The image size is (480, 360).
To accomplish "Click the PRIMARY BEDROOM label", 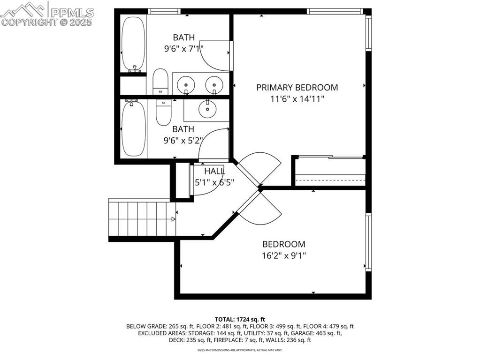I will pyautogui.click(x=297, y=87).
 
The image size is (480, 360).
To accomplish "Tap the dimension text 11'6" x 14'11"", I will pyautogui.click(x=297, y=99).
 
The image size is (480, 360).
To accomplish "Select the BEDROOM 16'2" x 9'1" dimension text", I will pyautogui.click(x=283, y=256).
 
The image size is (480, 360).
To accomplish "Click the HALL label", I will pyautogui.click(x=214, y=171).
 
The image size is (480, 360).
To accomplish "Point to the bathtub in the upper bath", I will pyautogui.click(x=133, y=43).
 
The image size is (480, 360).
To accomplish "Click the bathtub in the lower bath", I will pyautogui.click(x=133, y=129).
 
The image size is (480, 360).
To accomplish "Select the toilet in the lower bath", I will pyautogui.click(x=163, y=112).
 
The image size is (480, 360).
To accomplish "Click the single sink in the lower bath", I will pyautogui.click(x=206, y=109).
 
